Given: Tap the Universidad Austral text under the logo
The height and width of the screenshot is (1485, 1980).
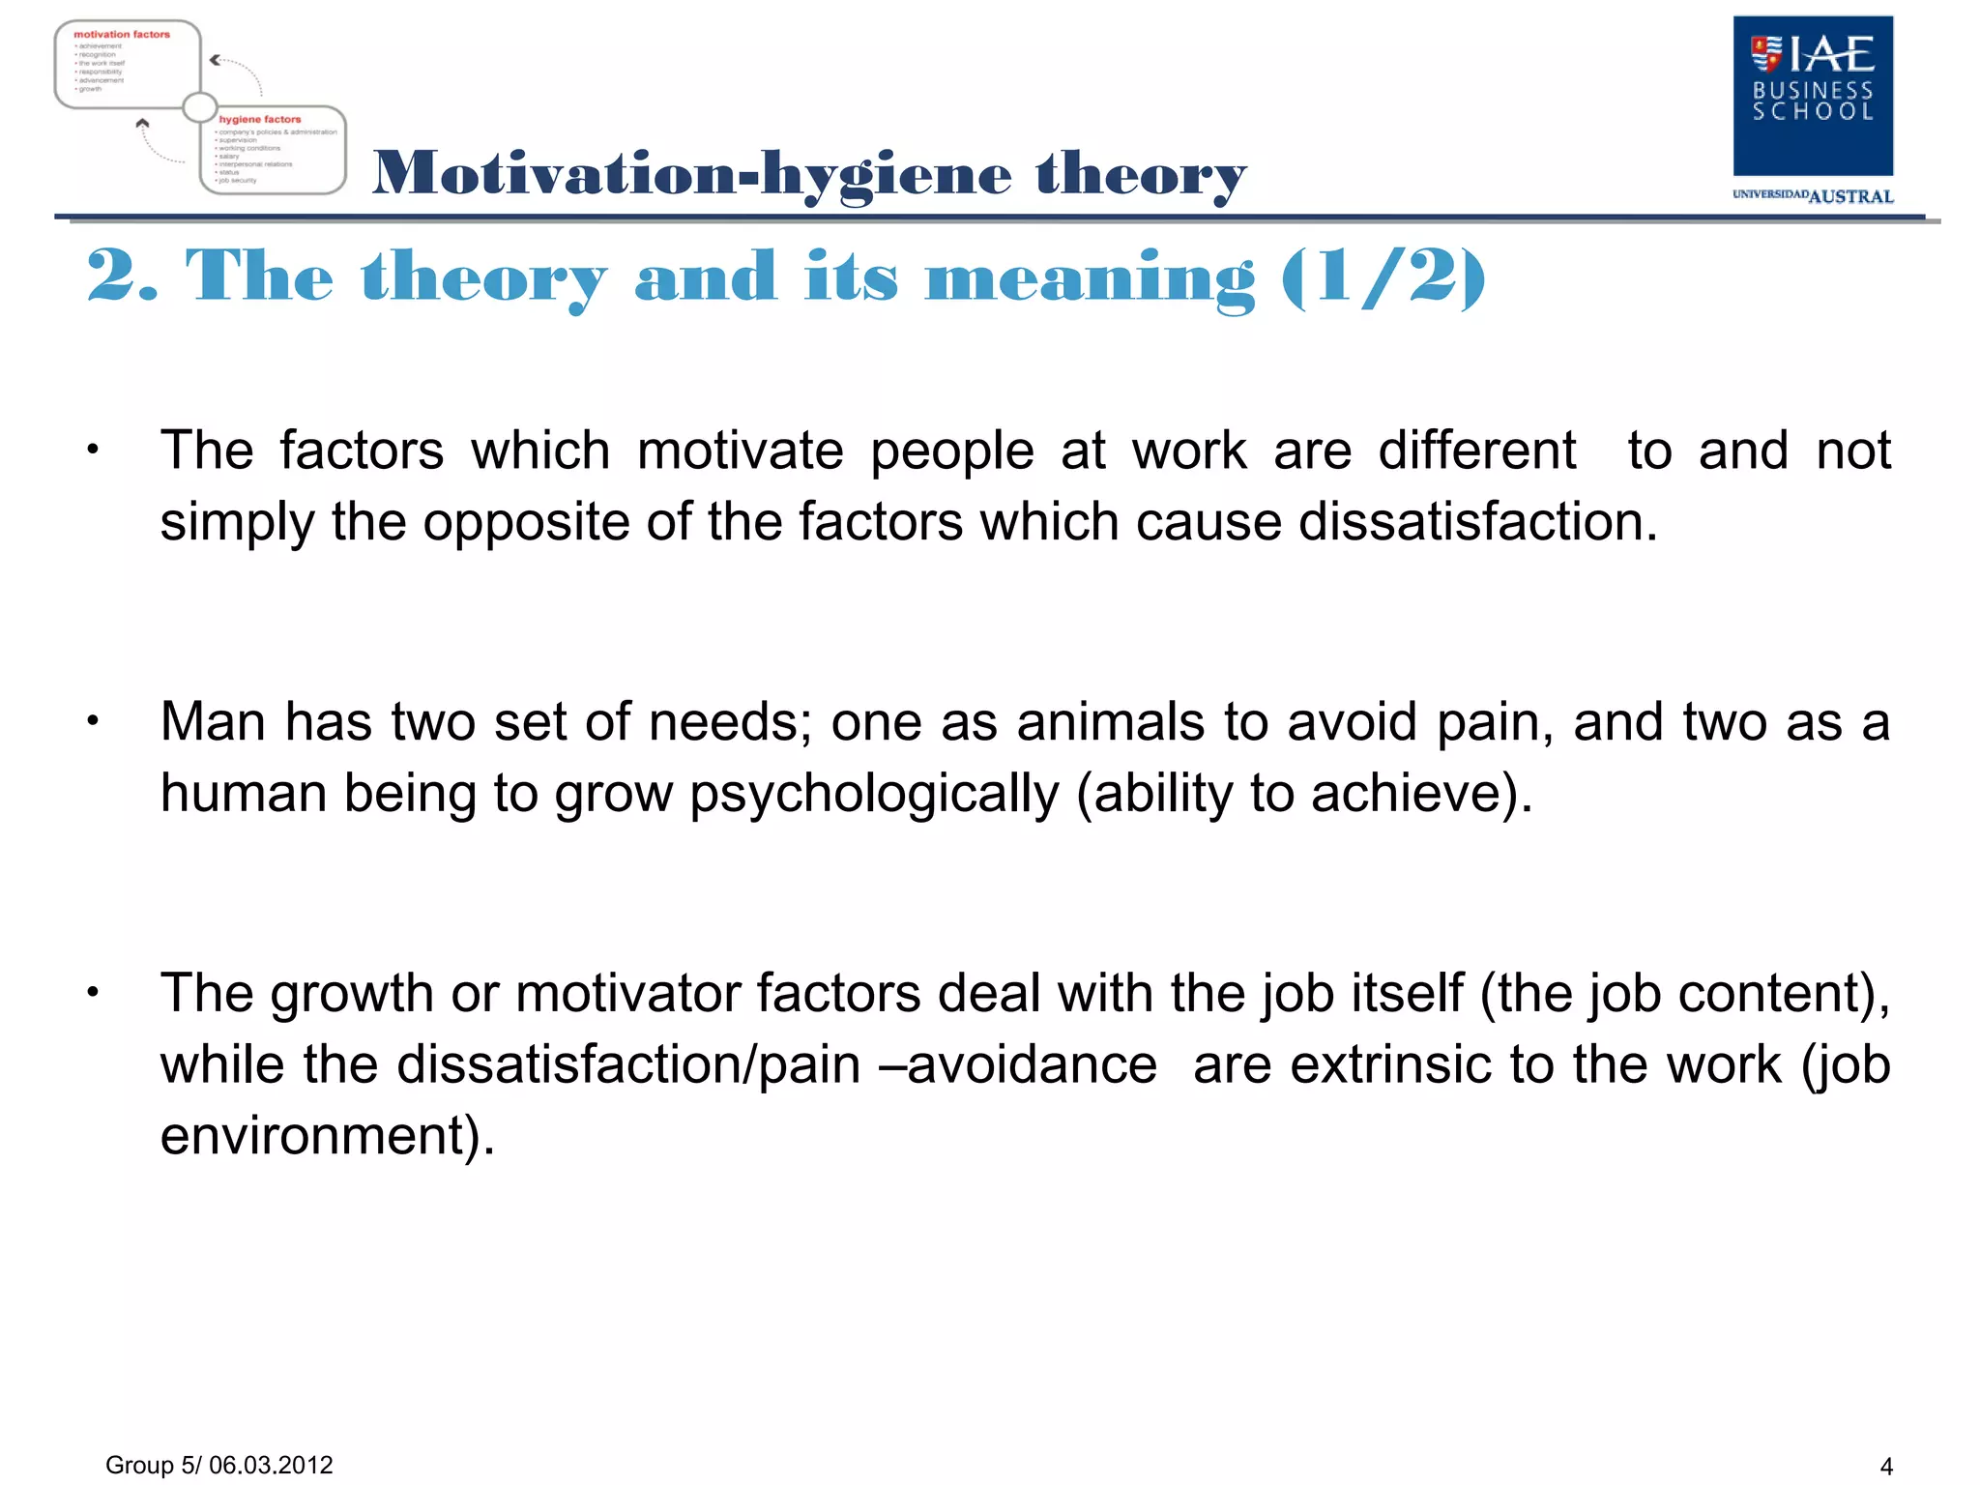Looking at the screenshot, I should tap(1812, 196).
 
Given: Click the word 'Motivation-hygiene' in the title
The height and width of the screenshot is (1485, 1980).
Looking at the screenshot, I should tap(691, 174).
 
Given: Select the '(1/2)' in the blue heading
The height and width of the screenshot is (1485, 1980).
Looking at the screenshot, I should tap(1383, 277).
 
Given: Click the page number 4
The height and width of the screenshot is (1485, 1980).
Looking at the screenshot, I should tap(1885, 1467).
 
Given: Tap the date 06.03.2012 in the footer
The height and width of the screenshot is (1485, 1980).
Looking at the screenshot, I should tap(271, 1465).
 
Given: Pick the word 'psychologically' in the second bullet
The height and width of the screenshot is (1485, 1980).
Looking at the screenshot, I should tap(874, 795).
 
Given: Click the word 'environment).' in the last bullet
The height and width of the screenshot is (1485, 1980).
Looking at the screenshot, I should tap(327, 1135).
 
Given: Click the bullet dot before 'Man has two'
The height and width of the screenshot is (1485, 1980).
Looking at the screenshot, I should tap(93, 721).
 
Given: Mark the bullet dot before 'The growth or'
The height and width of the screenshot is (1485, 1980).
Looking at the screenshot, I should tap(93, 992).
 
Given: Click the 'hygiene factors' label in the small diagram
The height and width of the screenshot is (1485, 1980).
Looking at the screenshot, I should tap(259, 120).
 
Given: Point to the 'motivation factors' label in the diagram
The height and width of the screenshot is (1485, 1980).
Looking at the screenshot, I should tap(122, 35).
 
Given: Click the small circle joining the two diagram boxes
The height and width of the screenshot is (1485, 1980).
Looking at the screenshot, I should tap(200, 106).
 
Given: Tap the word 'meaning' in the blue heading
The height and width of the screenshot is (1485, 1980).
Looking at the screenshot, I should tap(1090, 277).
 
